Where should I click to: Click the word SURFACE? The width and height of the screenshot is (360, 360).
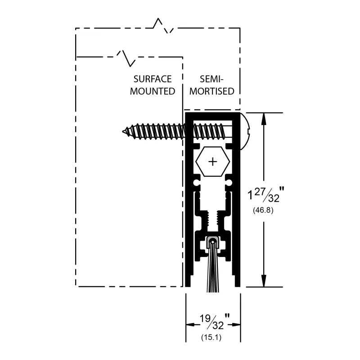153,79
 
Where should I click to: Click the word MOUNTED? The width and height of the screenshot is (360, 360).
153,91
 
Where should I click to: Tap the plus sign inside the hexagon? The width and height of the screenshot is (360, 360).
213,161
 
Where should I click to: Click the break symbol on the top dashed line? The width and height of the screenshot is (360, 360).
163,26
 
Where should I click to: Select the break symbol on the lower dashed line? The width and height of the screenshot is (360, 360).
126,57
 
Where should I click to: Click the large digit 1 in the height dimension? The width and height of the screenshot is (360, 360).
250,196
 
